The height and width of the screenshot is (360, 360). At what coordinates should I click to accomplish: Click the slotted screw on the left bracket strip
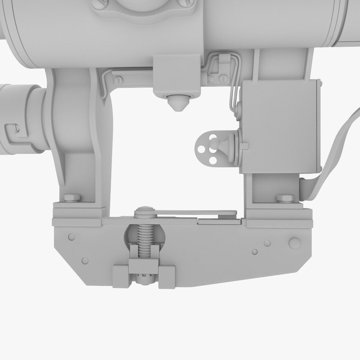tap(118, 80)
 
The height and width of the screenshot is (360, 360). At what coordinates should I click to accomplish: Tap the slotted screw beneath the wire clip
tap(223, 79)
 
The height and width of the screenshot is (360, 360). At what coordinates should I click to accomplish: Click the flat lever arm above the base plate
tap(195, 212)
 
